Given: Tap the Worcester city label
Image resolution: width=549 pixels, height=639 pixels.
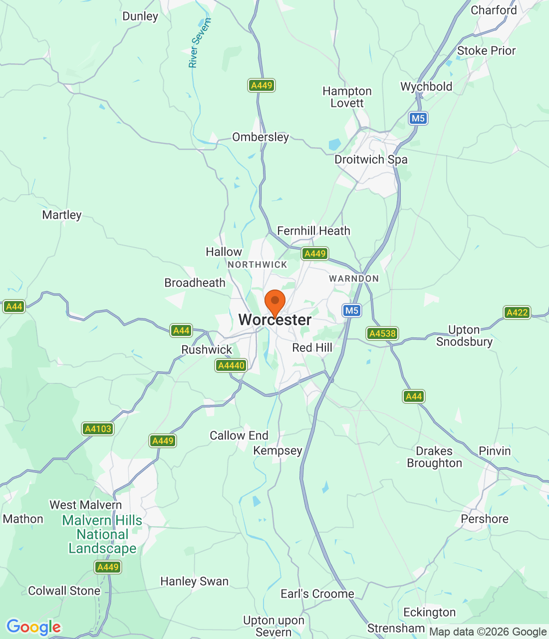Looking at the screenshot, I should (275, 320).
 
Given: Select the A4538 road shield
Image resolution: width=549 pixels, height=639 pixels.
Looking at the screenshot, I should (382, 333).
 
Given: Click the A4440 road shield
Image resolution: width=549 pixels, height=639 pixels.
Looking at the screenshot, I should (232, 365).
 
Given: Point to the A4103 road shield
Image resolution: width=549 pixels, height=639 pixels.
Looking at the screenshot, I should (98, 429).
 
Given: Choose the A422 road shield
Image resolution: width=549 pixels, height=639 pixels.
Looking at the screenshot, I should (517, 313).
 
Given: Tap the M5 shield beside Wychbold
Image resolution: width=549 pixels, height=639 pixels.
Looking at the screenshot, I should (418, 118).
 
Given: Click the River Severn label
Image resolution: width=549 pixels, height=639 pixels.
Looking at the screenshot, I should (200, 43).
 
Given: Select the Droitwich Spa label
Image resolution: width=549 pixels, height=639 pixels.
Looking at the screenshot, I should (371, 160).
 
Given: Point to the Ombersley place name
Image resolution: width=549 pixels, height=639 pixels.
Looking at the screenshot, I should (261, 137).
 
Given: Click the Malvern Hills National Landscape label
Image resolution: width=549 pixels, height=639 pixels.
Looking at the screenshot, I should (102, 535).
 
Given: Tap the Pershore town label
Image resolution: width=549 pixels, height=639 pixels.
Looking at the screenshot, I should (485, 519).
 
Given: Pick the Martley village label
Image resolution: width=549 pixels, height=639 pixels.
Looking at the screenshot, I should (62, 215).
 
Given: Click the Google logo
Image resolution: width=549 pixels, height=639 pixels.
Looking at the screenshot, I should (33, 627).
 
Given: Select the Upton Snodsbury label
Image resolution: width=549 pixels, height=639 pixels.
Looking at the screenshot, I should (464, 336).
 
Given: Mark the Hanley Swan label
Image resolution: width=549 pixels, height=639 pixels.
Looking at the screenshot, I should (194, 582).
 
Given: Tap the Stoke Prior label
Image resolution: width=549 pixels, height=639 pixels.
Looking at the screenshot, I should (486, 51).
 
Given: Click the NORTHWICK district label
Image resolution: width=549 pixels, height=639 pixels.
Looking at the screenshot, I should (258, 265).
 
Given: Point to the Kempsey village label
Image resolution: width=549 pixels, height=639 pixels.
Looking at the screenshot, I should (277, 451).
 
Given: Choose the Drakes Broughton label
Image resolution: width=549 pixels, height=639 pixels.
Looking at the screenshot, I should (434, 457).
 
